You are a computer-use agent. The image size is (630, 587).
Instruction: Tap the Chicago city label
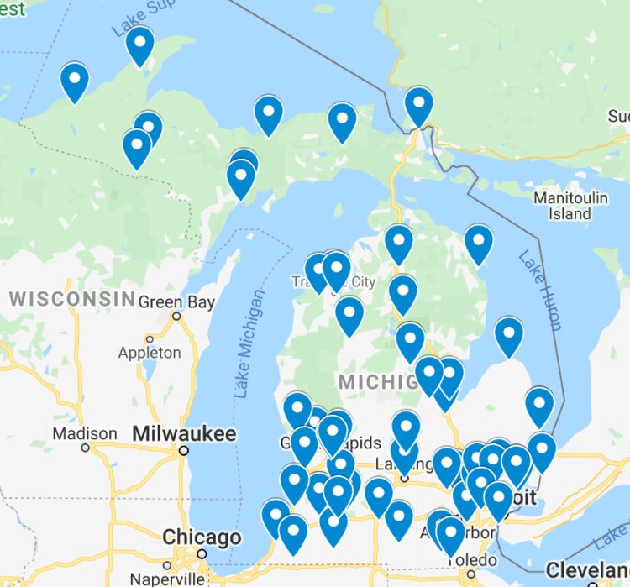202,537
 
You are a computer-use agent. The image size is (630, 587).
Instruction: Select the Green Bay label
176,301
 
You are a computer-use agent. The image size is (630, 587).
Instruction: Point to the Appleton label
150,353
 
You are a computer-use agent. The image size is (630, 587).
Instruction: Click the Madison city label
85,433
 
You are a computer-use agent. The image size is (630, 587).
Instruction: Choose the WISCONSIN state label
72,298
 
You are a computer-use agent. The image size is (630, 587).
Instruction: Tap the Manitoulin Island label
570,206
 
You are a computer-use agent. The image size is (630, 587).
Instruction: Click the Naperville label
166,579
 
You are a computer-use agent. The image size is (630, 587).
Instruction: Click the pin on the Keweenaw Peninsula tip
139,45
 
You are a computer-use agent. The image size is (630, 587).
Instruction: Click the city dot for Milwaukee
183,450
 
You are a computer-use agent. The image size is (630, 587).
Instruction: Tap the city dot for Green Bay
176,317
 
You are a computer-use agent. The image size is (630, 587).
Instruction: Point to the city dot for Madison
85,448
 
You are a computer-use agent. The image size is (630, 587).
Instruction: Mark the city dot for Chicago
202,553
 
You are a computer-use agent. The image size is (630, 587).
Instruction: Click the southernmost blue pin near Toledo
450,537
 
